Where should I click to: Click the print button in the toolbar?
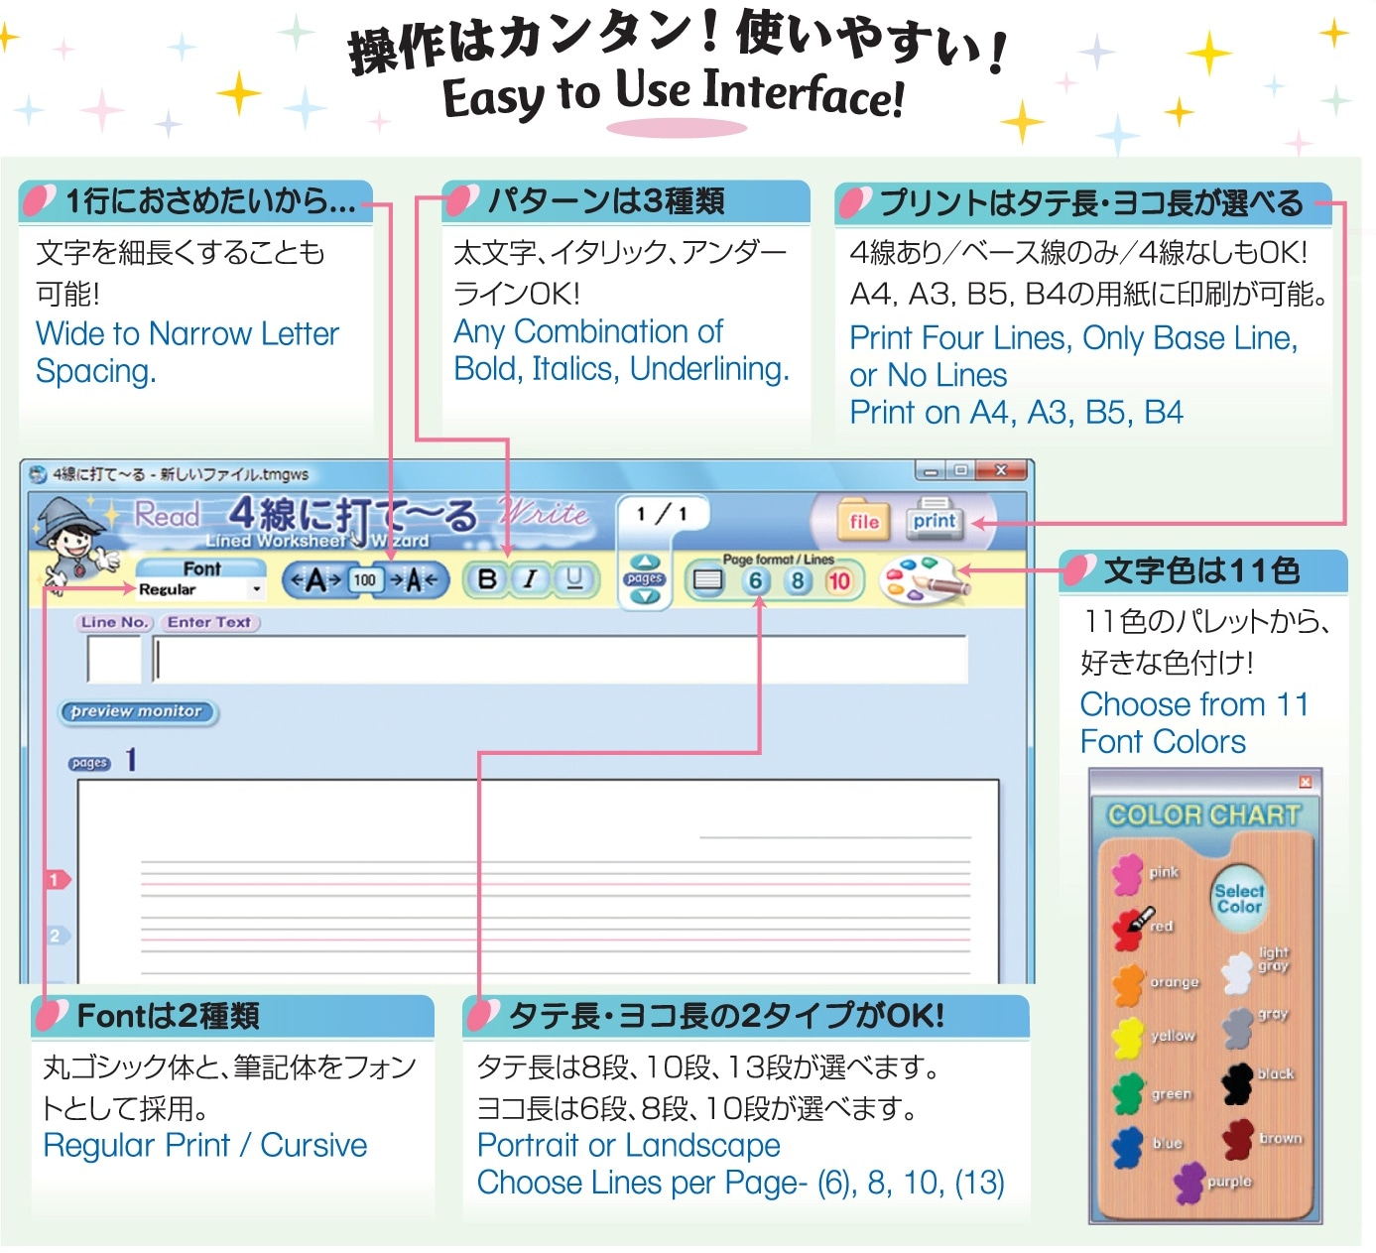[935, 519]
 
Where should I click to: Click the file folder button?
[863, 520]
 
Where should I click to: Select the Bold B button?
[486, 579]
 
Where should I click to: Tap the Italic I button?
[530, 579]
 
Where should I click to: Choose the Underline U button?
[574, 579]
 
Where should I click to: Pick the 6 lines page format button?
[755, 581]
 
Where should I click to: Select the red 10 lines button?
[838, 581]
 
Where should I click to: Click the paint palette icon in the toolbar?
[924, 580]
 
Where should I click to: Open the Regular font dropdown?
[199, 588]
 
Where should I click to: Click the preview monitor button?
[137, 711]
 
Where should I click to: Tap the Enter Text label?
[209, 622]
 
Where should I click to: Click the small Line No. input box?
[114, 659]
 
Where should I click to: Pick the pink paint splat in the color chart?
[1127, 875]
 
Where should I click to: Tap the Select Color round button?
[1238, 898]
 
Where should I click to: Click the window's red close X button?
[1001, 470]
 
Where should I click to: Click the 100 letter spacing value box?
[364, 580]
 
